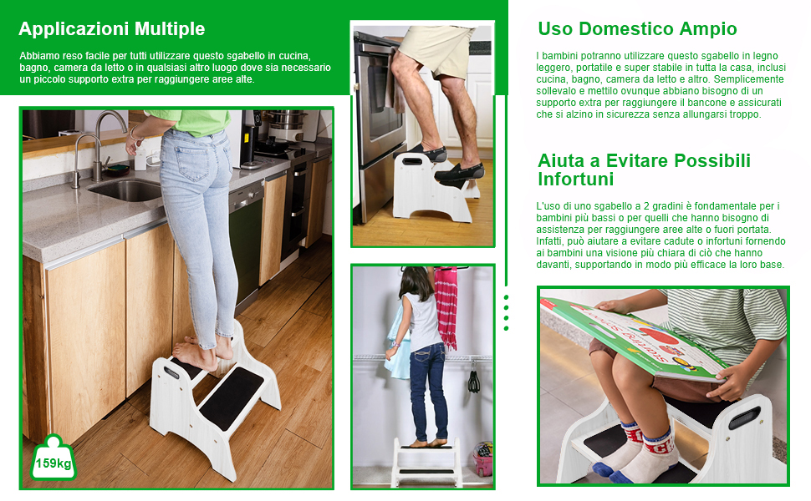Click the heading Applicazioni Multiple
pyautogui.click(x=112, y=29)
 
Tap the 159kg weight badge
pyautogui.click(x=54, y=458)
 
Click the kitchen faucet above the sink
pyautogui.click(x=99, y=145)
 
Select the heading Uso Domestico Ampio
pyautogui.click(x=637, y=29)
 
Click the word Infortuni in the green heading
pyautogui.click(x=576, y=180)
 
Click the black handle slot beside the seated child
pyautogui.click(x=745, y=417)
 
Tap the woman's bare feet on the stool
pyautogui.click(x=204, y=352)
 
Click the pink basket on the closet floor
pyautogui.click(x=483, y=458)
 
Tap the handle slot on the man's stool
pyautogui.click(x=412, y=162)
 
